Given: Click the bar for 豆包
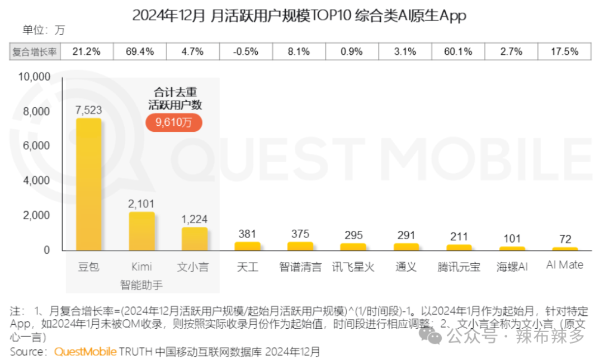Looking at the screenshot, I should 88,184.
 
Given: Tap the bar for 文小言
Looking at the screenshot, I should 194,239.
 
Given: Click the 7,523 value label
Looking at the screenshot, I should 88,110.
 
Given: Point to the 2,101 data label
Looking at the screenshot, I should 141,204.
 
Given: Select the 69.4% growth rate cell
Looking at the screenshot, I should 140,51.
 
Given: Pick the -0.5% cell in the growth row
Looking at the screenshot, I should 246,51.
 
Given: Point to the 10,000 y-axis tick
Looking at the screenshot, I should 35,77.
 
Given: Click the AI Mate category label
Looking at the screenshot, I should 564,266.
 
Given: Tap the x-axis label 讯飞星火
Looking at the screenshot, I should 353,267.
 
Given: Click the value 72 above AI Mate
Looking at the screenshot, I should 564,239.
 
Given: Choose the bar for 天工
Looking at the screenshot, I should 247,246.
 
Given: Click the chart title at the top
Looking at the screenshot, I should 299,15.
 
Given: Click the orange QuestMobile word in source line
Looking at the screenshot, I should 85,352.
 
